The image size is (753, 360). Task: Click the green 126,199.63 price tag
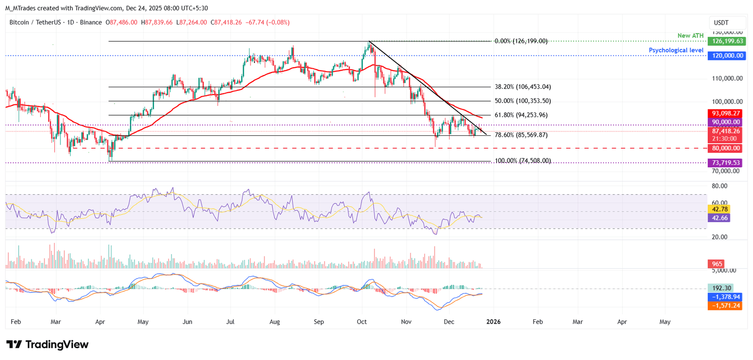[726, 41]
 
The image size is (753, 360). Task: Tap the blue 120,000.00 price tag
[726, 56]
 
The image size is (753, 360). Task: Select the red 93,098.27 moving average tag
[725, 113]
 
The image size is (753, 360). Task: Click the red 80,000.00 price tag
[725, 148]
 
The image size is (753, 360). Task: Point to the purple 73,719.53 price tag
[725, 162]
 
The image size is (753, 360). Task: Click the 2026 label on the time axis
[493, 322]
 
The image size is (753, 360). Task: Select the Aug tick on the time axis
[275, 322]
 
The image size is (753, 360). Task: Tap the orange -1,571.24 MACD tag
[725, 306]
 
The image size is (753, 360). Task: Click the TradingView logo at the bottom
[48, 344]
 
